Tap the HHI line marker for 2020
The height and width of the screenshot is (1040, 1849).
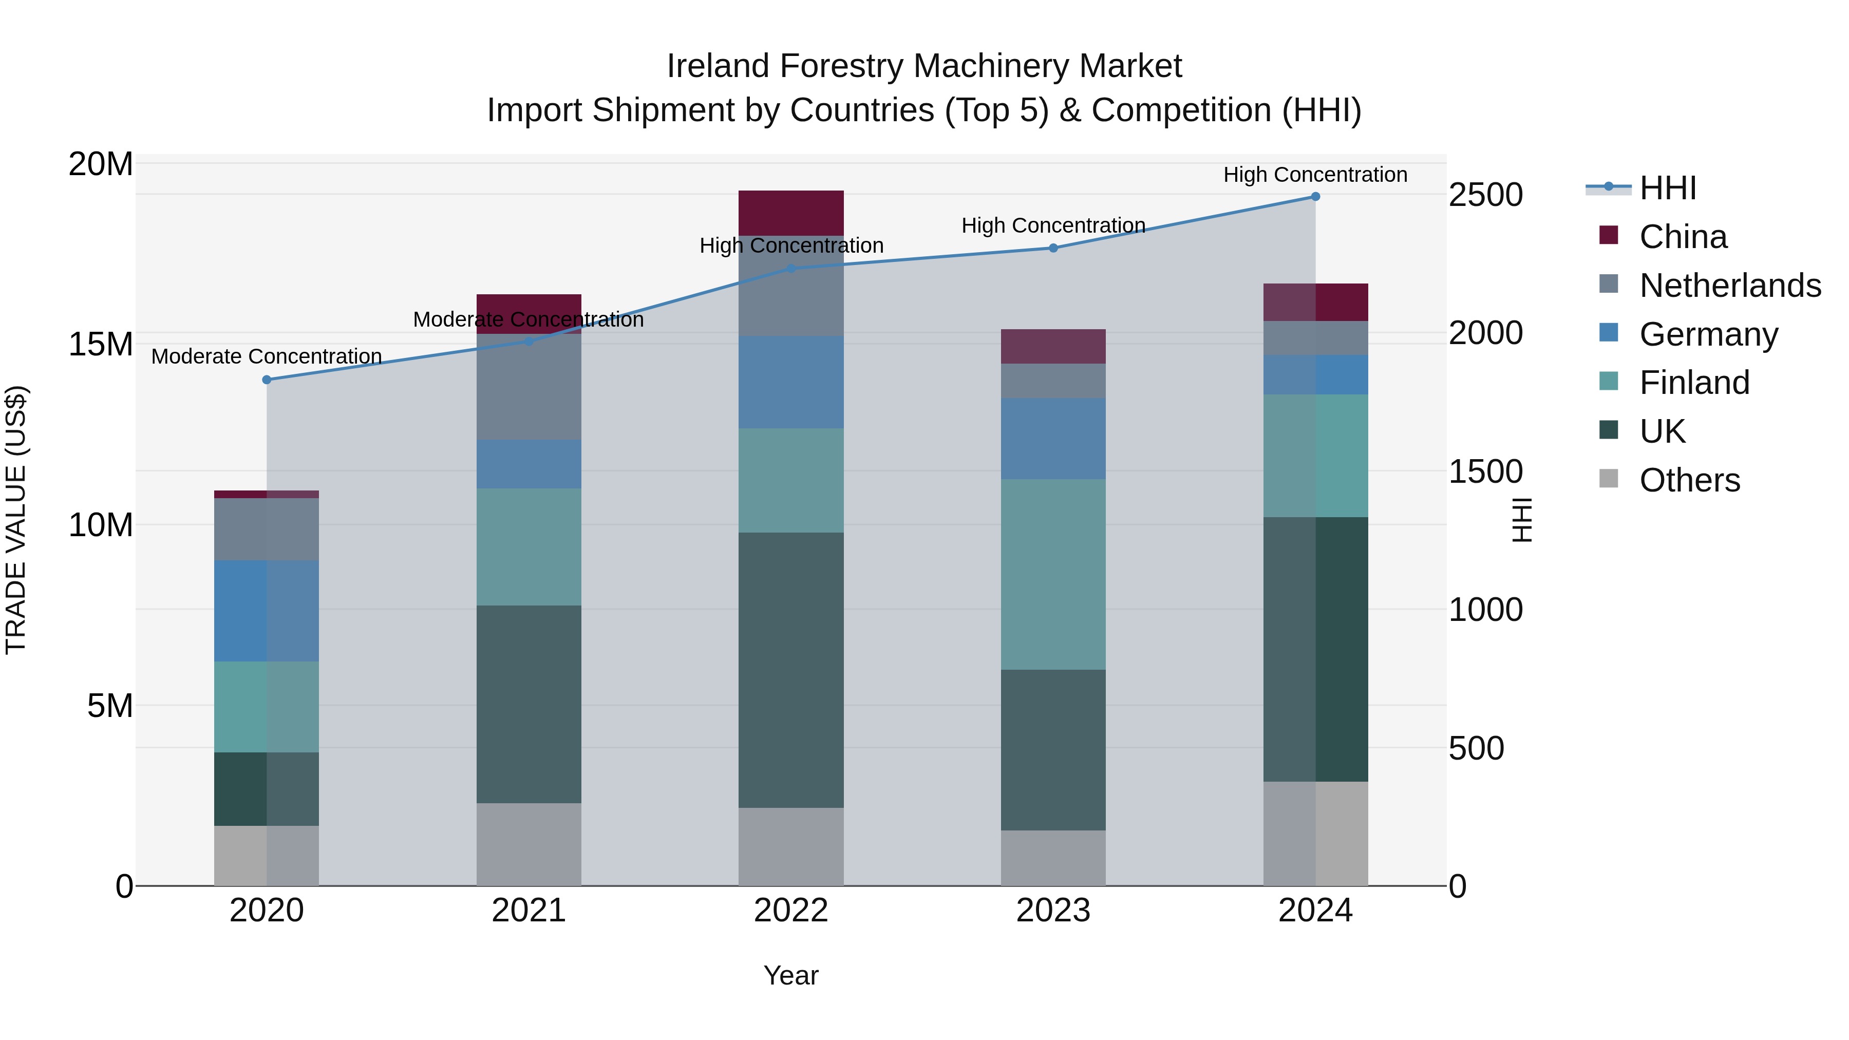pos(267,380)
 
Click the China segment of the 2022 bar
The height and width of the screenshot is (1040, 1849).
pos(791,213)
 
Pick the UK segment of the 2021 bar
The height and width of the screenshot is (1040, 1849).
pos(529,704)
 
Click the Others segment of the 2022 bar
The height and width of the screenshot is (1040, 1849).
pos(791,847)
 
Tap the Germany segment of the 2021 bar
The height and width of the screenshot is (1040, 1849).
pos(529,464)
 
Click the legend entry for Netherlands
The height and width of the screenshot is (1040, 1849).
pos(1730,286)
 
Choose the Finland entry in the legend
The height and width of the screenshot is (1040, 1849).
pos(1694,383)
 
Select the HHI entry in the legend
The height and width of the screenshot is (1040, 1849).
pos(1667,188)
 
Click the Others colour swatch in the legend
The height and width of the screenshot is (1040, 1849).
pos(1609,479)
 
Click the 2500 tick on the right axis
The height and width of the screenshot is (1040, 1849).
pos(1485,195)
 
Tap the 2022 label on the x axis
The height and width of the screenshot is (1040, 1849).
pos(791,911)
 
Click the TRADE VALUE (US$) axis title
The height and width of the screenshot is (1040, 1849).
pos(16,520)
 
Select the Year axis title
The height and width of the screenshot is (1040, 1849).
pos(791,975)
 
